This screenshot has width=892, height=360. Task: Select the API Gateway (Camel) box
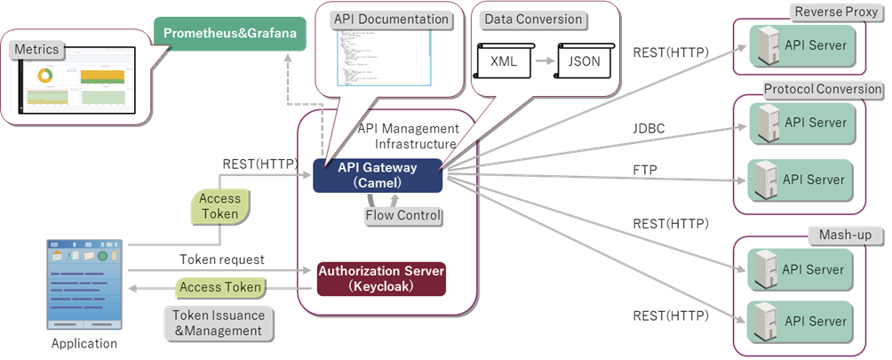pos(377,175)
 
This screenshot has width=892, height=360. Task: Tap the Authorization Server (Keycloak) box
pos(380,278)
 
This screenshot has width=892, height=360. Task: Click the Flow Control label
pos(403,215)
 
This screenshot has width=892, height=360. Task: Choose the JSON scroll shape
pos(583,61)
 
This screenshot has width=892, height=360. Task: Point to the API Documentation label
pos(391,19)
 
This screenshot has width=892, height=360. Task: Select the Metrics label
pos(36,50)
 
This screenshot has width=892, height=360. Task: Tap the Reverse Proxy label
pos(834,12)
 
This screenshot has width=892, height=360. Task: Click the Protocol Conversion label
pos(822,89)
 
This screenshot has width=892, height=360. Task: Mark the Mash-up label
pos(844,235)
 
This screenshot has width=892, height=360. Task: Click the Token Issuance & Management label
pos(219,323)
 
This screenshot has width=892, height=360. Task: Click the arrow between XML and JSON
pos(546,61)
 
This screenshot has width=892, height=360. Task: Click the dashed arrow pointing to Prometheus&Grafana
pos(288,80)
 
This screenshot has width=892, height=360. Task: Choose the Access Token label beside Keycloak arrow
pos(220,287)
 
